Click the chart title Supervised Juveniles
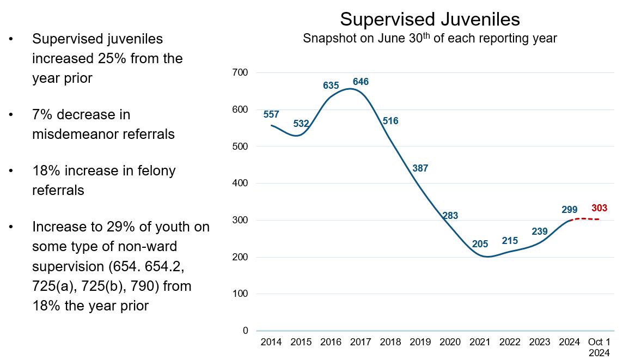(430, 20)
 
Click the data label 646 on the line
(361, 82)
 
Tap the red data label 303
(599, 208)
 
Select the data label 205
(480, 244)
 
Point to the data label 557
(271, 114)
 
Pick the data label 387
(420, 168)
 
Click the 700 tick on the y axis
(240, 72)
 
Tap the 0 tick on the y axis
(245, 331)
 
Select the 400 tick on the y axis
(240, 183)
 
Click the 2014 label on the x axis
(271, 342)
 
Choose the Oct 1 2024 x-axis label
(599, 346)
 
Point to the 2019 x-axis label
(420, 342)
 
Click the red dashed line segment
(585, 219)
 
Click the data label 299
(569, 210)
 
